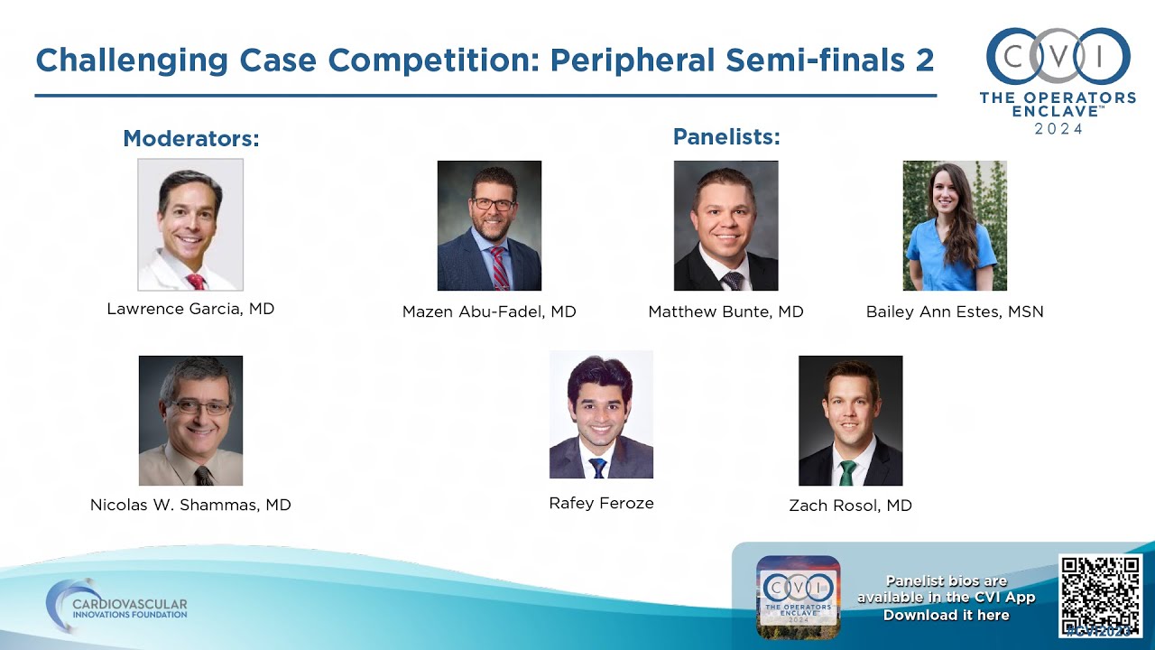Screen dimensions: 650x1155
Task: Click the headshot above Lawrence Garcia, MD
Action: (x=190, y=225)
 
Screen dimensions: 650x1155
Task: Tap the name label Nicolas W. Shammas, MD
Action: (x=190, y=505)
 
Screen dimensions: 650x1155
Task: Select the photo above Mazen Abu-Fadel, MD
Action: (x=489, y=226)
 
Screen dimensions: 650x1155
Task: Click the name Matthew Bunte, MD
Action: (x=725, y=311)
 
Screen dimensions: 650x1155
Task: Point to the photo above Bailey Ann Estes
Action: (x=955, y=226)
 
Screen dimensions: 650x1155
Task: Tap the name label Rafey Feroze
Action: (x=601, y=503)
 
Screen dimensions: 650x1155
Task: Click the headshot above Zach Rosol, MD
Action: (x=850, y=421)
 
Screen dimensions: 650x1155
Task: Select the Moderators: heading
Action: (x=191, y=139)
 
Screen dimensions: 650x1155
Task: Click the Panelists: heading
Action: (x=726, y=137)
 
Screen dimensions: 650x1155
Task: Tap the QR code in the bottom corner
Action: (x=1100, y=596)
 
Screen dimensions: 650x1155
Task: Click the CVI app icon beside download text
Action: (x=798, y=596)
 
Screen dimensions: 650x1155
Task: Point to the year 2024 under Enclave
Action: (x=1058, y=128)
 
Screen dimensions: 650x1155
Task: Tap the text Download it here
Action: (x=946, y=615)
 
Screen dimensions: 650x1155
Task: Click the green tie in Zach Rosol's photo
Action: (x=847, y=472)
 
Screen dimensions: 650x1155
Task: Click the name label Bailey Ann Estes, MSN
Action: (x=955, y=311)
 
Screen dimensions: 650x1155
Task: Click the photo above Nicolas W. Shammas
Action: (x=190, y=421)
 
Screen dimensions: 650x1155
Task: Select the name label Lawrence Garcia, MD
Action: (x=190, y=309)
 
